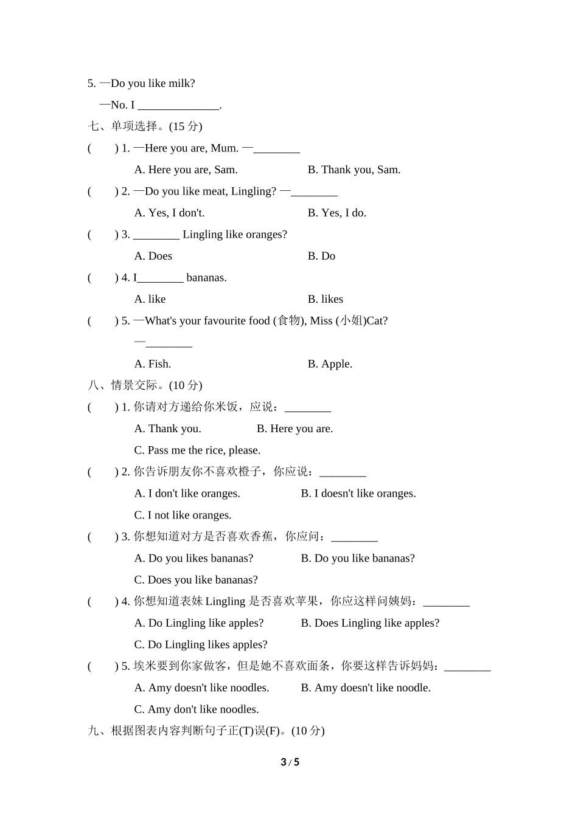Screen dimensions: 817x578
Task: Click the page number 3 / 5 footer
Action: pos(290,762)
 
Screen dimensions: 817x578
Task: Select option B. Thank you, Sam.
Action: pos(353,170)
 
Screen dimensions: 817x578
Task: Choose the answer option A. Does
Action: pos(153,256)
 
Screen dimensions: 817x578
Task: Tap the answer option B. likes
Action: pos(325,299)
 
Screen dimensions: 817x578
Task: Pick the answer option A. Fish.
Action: pos(153,364)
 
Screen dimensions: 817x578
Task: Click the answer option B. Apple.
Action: pos(330,364)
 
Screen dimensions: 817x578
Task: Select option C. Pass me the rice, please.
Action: pos(197,450)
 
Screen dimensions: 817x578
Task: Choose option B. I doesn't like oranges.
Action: pos(358,494)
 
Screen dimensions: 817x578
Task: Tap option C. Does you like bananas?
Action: pos(196,580)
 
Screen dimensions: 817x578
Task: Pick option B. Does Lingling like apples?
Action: pos(370,623)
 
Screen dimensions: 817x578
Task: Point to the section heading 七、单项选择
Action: pos(145,126)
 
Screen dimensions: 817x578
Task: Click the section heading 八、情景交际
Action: pos(145,385)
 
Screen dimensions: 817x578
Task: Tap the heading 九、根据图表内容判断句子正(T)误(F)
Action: pos(206,731)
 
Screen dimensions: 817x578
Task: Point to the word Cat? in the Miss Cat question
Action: pos(377,320)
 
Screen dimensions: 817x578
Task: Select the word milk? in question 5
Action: pos(181,83)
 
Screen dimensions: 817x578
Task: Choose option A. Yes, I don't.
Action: pos(169,213)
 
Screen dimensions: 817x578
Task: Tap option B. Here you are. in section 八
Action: pos(294,429)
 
